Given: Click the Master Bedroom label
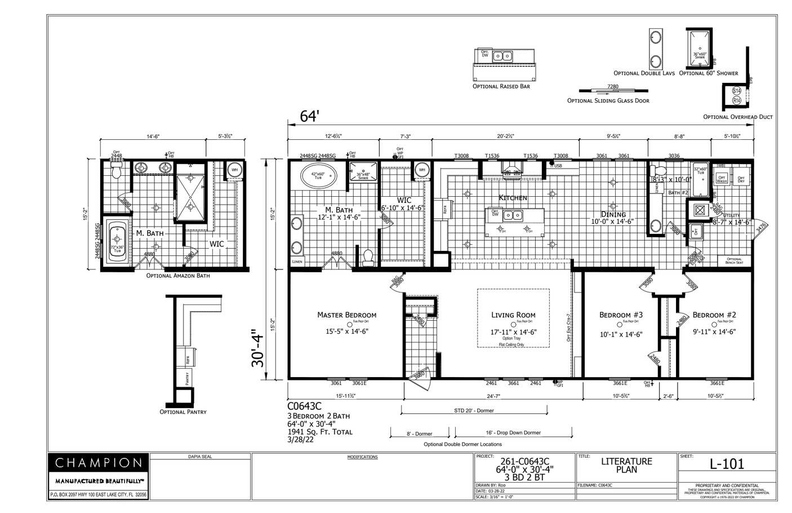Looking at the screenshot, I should [x=346, y=315].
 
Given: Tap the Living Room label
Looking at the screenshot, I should [x=513, y=315].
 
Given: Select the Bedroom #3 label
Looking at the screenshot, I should [x=621, y=315].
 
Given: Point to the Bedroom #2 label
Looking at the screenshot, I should [x=714, y=315].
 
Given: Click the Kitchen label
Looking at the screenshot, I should [x=513, y=198].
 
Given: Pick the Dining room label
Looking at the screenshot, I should [x=613, y=214].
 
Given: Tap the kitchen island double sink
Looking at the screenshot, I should [x=512, y=215].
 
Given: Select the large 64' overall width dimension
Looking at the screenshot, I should [x=309, y=116].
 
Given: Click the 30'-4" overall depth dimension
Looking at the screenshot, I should [x=259, y=348].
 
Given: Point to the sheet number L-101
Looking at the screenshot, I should [x=727, y=464].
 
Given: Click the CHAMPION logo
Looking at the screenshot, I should [x=98, y=463].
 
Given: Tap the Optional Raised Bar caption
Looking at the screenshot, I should [x=501, y=86].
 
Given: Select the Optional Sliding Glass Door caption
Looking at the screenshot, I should [x=608, y=101].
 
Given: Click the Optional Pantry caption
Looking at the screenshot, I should [x=183, y=412].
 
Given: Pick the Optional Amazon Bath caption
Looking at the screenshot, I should [x=178, y=276].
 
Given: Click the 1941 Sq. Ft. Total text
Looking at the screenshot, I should [x=320, y=432].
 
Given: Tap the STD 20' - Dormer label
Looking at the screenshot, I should [x=474, y=410].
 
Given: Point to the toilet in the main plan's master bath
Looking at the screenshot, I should [x=368, y=257].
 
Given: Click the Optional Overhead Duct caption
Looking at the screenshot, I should [x=738, y=117].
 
